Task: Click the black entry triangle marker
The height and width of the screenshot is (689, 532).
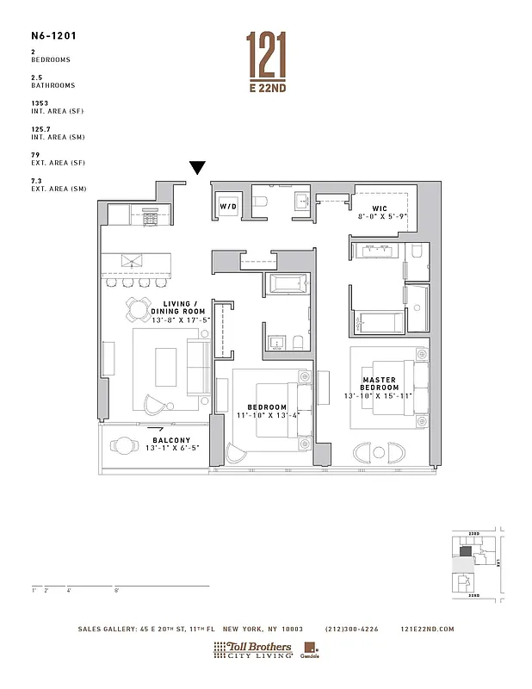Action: [x=197, y=168]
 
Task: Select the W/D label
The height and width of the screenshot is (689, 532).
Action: [x=227, y=208]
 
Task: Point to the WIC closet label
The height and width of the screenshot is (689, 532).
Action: [x=380, y=209]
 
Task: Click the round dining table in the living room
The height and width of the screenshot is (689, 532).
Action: [x=139, y=307]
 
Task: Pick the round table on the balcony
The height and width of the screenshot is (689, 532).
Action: [x=126, y=447]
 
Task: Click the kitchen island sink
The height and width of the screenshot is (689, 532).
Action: [x=131, y=261]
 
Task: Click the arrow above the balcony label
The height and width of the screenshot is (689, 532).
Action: [x=155, y=426]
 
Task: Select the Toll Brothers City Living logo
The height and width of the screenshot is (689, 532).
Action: [x=253, y=649]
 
